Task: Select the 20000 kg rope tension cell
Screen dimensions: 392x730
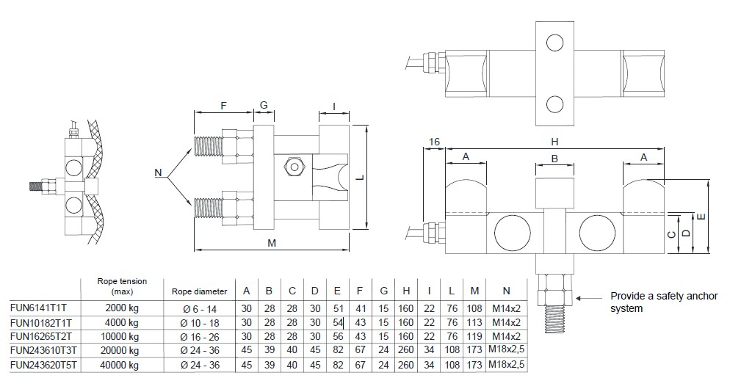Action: (x=121, y=349)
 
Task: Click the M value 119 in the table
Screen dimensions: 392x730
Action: (x=474, y=336)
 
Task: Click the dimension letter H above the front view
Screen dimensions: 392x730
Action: (x=554, y=140)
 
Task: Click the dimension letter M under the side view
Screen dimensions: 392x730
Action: (x=272, y=243)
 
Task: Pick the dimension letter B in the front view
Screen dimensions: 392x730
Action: (x=554, y=158)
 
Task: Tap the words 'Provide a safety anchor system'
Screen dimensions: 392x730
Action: (x=658, y=302)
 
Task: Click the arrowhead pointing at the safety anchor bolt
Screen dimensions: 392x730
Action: (x=579, y=298)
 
